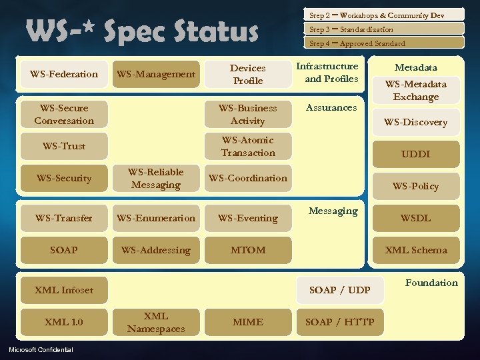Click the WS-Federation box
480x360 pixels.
[x=64, y=74]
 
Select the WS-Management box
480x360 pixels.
[x=156, y=74]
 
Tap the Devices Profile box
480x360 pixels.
[x=248, y=74]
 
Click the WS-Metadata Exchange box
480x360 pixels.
[x=416, y=90]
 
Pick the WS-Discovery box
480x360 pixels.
[x=416, y=122]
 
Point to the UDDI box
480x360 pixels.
[x=416, y=154]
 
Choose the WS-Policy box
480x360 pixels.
[x=416, y=186]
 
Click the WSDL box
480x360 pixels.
[x=416, y=218]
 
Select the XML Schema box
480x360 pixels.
[x=416, y=250]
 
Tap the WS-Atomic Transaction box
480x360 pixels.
[x=248, y=146]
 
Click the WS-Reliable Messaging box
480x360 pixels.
[x=156, y=178]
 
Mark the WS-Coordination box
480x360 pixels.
[x=248, y=178]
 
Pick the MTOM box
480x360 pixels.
[x=248, y=250]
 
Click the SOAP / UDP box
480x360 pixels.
[x=340, y=290]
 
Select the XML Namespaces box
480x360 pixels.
[x=156, y=322]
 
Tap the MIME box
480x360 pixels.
[x=248, y=322]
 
